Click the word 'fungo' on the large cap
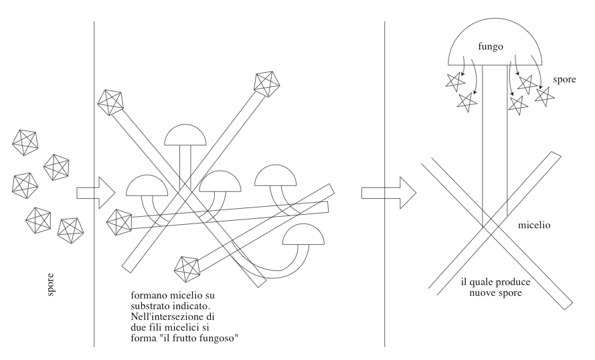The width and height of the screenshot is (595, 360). [x=491, y=47]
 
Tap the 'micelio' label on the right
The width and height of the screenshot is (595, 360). [x=534, y=225]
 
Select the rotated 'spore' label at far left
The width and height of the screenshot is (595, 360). [x=50, y=284]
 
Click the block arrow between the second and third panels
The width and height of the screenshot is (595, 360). [x=389, y=193]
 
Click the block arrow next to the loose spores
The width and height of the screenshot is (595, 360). [x=96, y=193]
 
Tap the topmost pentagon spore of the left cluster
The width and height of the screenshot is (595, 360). [x=25, y=143]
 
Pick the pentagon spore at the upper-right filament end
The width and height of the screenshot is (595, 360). [x=267, y=84]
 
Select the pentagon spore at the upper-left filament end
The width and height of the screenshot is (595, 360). [x=111, y=102]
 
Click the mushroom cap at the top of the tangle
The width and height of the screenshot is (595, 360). [x=185, y=135]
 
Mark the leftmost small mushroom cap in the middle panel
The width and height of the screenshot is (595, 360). [x=147, y=185]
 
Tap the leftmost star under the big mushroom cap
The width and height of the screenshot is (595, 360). [x=454, y=82]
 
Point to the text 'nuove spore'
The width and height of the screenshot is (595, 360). [x=495, y=293]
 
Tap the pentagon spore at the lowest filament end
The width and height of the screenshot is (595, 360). [x=187, y=270]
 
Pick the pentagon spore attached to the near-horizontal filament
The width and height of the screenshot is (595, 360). [x=119, y=222]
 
